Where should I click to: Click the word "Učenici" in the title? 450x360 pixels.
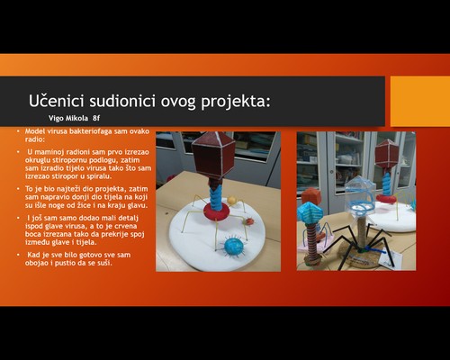click(56, 101)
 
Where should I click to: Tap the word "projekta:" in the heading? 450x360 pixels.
click(236, 102)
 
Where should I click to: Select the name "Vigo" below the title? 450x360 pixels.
click(56, 118)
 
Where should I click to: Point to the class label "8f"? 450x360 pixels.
click(96, 118)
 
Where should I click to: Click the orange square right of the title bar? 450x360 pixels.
click(420, 101)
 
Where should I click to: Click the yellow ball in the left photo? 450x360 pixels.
click(231, 200)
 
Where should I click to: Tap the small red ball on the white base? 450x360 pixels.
click(249, 221)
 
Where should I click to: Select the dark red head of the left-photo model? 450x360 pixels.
click(213, 155)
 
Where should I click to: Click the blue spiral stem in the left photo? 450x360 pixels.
click(216, 196)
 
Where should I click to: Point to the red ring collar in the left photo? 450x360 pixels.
click(216, 211)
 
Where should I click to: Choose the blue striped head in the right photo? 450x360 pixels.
click(310, 213)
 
